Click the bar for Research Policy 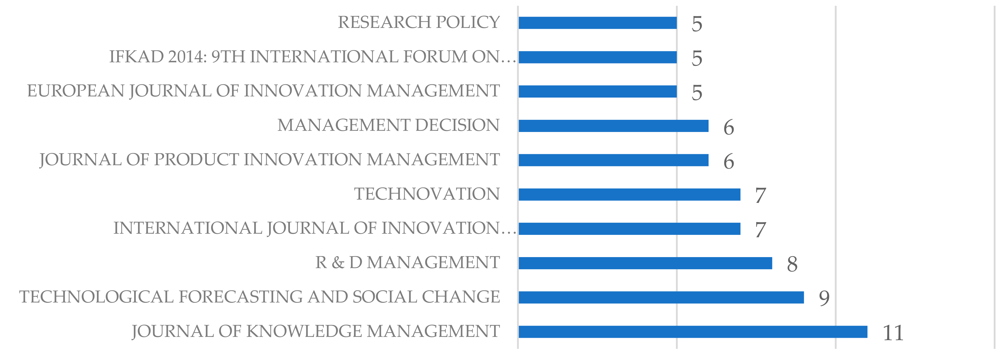tap(598, 23)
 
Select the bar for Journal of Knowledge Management tap(693, 332)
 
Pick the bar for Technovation tap(629, 195)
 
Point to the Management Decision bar tap(613, 126)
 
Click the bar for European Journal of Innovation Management tap(598, 92)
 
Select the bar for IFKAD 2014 tap(598, 57)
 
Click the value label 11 tap(893, 333)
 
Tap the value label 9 tap(824, 298)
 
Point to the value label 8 tap(792, 264)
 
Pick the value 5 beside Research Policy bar tap(697, 24)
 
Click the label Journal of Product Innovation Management tap(269, 160)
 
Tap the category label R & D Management tap(407, 262)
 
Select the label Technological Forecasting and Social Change tap(259, 297)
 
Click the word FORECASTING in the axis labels tap(240, 297)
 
